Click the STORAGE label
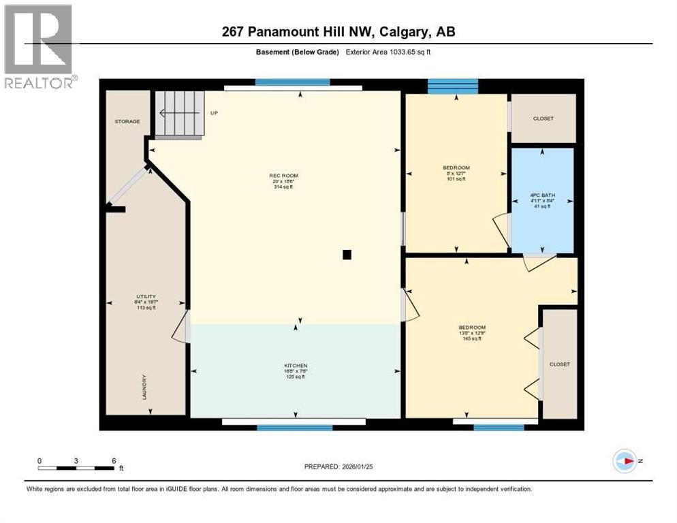pos(127,121)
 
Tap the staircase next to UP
pos(180,114)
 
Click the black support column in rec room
pos(347,255)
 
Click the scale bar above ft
pos(76,467)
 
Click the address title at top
pos(338,31)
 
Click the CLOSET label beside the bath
pos(544,118)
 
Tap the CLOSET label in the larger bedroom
pos(559,364)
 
